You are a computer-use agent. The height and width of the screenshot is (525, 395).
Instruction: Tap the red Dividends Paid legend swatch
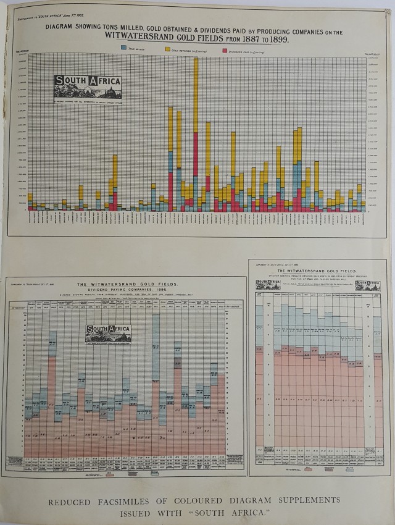[x=224, y=47]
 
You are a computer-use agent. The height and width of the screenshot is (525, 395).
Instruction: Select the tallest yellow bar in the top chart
[x=196, y=93]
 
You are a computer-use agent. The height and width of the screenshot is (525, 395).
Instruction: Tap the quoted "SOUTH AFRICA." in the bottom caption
[x=251, y=512]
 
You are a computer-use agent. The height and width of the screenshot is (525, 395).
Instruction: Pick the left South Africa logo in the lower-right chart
[x=268, y=284]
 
